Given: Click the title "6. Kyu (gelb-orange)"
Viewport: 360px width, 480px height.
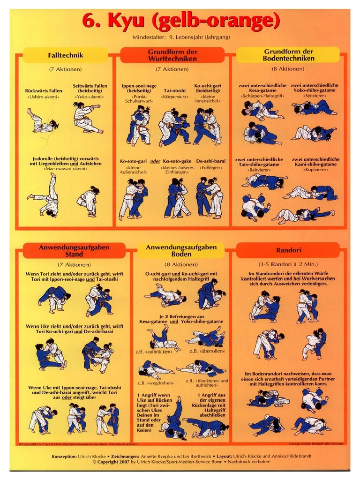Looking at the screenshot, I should click(180, 21).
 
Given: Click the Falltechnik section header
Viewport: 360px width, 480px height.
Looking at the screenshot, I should click(65, 55).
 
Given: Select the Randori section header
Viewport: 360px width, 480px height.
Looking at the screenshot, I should click(288, 250).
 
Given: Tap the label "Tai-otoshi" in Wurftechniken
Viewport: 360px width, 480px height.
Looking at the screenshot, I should click(174, 90).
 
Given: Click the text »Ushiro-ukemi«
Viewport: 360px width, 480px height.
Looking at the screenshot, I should click(42, 97).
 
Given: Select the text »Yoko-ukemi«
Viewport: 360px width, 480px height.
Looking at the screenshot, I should click(90, 97).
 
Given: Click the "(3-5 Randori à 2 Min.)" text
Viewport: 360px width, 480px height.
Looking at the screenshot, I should click(288, 264).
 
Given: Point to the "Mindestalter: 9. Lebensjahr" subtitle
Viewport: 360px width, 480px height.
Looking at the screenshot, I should click(181, 37).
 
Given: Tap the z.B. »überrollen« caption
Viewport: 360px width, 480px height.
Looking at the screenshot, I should click(207, 351).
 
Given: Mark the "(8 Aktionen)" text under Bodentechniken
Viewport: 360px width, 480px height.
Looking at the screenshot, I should click(288, 69).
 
